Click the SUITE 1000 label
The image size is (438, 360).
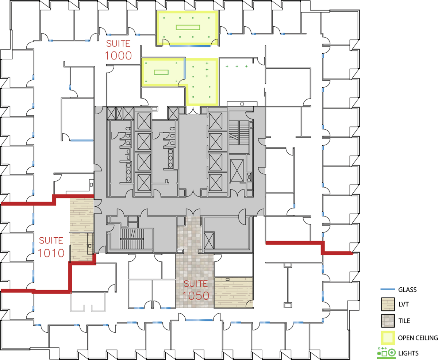[118, 50]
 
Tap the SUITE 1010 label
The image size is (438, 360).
[51, 247]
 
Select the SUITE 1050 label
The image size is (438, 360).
[196, 290]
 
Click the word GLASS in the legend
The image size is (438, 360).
[407, 290]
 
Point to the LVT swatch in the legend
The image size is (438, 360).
[388, 304]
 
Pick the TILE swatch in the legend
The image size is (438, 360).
[388, 321]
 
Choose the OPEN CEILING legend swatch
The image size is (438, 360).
[388, 338]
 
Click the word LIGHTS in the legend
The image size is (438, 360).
[408, 353]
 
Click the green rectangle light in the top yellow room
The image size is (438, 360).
[188, 27]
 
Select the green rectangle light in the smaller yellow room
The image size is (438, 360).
[161, 72]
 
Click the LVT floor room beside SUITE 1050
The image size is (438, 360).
[234, 292]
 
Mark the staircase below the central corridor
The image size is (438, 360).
[132, 239]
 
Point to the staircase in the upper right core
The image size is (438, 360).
[239, 132]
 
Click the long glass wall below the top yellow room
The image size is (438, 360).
[190, 46]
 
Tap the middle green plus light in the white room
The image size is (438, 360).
[237, 66]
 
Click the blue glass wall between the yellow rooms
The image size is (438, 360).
[184, 69]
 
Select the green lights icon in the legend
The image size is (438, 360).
[386, 353]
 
